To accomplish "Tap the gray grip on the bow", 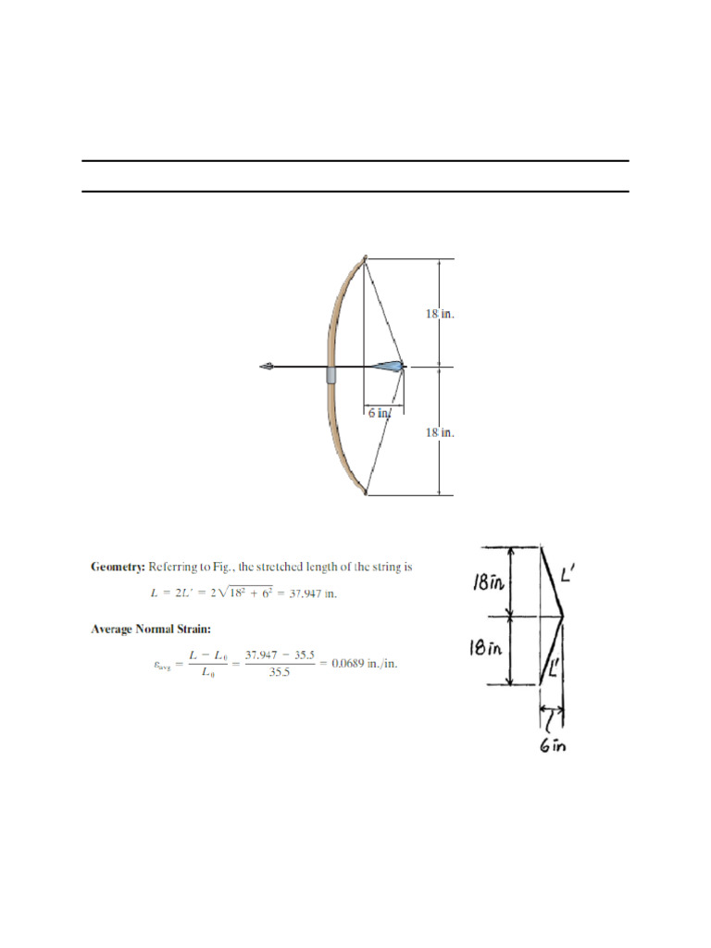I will (331, 374).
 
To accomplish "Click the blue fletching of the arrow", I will (390, 367).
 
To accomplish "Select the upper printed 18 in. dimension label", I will (440, 314).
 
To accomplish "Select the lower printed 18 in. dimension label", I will (440, 432).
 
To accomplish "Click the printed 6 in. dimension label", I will (380, 413).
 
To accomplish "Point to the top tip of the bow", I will (365, 258).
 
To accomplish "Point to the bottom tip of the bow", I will (366, 493).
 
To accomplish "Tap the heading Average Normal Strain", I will (152, 630).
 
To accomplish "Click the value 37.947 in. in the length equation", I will (314, 593).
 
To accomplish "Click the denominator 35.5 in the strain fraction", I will (280, 674).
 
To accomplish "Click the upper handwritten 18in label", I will (486, 582).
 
